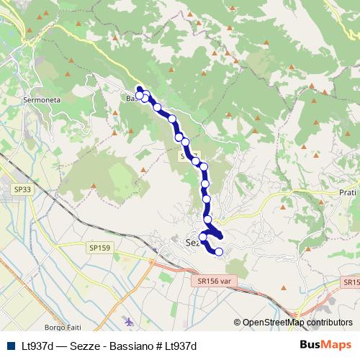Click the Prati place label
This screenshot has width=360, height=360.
tap(348, 193)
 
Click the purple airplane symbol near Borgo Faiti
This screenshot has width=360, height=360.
tap(128, 320)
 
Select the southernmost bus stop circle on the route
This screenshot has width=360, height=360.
tap(219, 251)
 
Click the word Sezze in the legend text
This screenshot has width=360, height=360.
tap(85, 346)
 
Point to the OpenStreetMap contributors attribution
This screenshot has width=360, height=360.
tap(297, 323)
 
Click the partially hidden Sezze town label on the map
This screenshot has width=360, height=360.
tap(192, 243)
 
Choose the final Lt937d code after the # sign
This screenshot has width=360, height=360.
tap(180, 346)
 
